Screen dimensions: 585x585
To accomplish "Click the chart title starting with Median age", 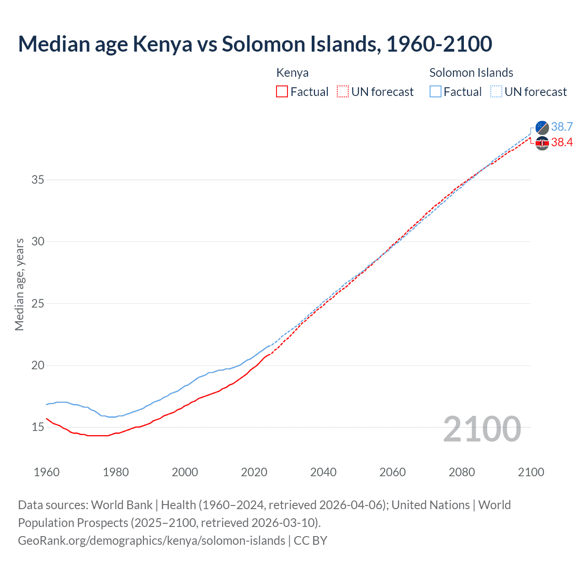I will click(x=255, y=44).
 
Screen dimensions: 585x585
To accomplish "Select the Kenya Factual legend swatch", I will click(x=282, y=92).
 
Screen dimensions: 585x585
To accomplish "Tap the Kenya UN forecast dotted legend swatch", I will click(x=343, y=92).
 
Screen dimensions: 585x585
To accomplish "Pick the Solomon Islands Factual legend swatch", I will click(x=436, y=92).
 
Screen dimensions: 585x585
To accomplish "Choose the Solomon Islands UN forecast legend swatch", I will click(x=496, y=92).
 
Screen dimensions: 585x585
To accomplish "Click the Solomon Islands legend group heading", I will click(x=471, y=73).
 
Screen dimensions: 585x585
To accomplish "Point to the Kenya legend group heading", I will click(x=292, y=73).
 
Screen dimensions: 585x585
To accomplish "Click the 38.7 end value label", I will click(x=562, y=127).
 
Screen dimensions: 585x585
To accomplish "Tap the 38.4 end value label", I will click(x=562, y=143).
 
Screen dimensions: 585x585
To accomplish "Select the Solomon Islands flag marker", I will click(x=542, y=128).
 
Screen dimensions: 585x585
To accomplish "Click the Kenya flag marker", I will click(x=542, y=143).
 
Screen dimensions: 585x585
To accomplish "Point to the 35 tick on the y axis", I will click(x=38, y=180).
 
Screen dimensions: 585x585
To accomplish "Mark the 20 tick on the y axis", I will click(x=38, y=365).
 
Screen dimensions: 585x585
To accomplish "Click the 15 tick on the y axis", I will click(x=38, y=427).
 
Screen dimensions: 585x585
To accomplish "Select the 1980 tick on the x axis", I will click(x=116, y=472).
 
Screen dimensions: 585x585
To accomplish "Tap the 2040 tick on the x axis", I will click(x=323, y=472).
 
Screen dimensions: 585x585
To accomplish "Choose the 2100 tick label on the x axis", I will click(x=531, y=472).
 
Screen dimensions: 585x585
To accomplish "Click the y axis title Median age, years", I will click(x=19, y=284).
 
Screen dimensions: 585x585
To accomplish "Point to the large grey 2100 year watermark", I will click(x=482, y=429).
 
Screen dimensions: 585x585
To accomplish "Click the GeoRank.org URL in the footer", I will click(x=151, y=541).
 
